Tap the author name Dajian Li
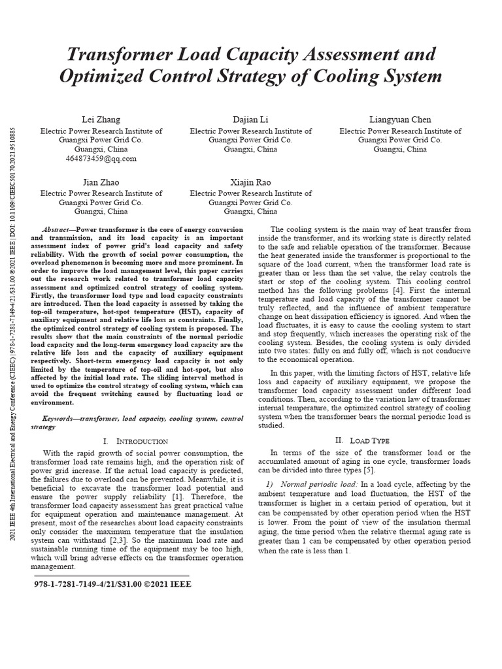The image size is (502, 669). pyautogui.click(x=250, y=120)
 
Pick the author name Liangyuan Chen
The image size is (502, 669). pyautogui.click(x=400, y=120)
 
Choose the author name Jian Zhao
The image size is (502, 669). pyautogui.click(x=101, y=182)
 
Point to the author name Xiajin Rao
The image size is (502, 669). pyautogui.click(x=250, y=182)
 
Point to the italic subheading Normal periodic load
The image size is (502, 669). pyautogui.click(x=318, y=483)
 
